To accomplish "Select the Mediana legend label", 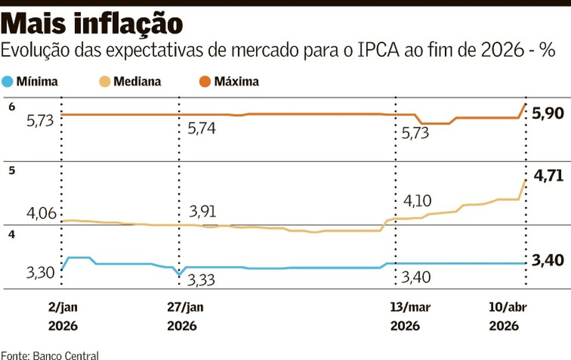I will point(137,81).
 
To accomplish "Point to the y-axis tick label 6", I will point(11,106).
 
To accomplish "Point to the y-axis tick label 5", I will point(11,170).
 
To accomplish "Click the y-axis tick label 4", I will point(11,234).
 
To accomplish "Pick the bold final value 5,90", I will point(547,113).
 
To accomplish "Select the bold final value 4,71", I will point(547,176).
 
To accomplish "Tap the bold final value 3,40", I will point(547,260).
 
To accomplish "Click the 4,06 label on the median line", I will point(41,214).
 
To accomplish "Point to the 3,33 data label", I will point(201,280).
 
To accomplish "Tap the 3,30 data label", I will point(41,272).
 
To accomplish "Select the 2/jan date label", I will point(63,307).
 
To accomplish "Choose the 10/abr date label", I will point(504,307).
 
